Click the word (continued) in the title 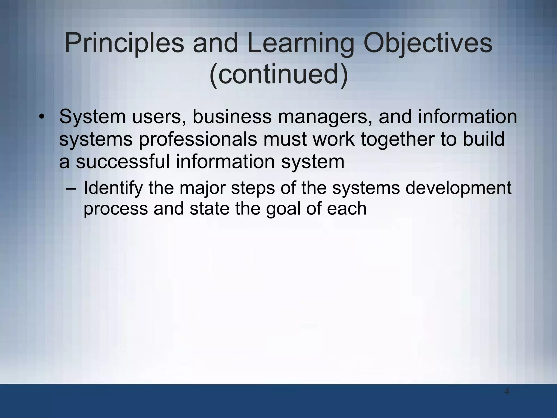coord(278,74)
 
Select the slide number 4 coord(507,392)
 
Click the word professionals coord(198,139)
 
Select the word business coord(232,116)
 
